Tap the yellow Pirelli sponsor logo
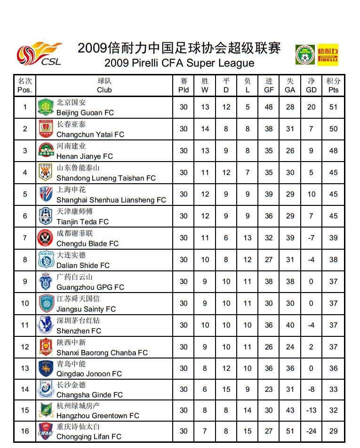pyautogui.click(x=328, y=55)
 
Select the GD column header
pyautogui.click(x=311, y=85)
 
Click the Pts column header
pyautogui.click(x=333, y=85)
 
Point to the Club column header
pyautogui.click(x=104, y=85)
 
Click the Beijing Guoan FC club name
pyautogui.click(x=85, y=113)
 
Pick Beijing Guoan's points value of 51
pyautogui.click(x=333, y=107)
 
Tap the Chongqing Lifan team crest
pyautogui.click(x=46, y=432)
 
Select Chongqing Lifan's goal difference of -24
pyautogui.click(x=311, y=431)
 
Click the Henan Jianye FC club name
pyautogui.click(x=85, y=156)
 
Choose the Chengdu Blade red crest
pyautogui.click(x=46, y=238)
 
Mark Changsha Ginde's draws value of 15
pyautogui.click(x=226, y=389)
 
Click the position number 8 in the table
pyautogui.click(x=25, y=260)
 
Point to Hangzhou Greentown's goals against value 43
pyautogui.click(x=290, y=410)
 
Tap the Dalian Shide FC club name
pyautogui.click(x=83, y=265)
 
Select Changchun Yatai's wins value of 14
pyautogui.click(x=205, y=129)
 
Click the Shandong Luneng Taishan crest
pyautogui.click(x=46, y=172)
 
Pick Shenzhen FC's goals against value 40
pyautogui.click(x=290, y=325)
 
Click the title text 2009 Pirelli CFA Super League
pyautogui.click(x=179, y=63)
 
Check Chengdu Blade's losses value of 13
pyautogui.click(x=248, y=238)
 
